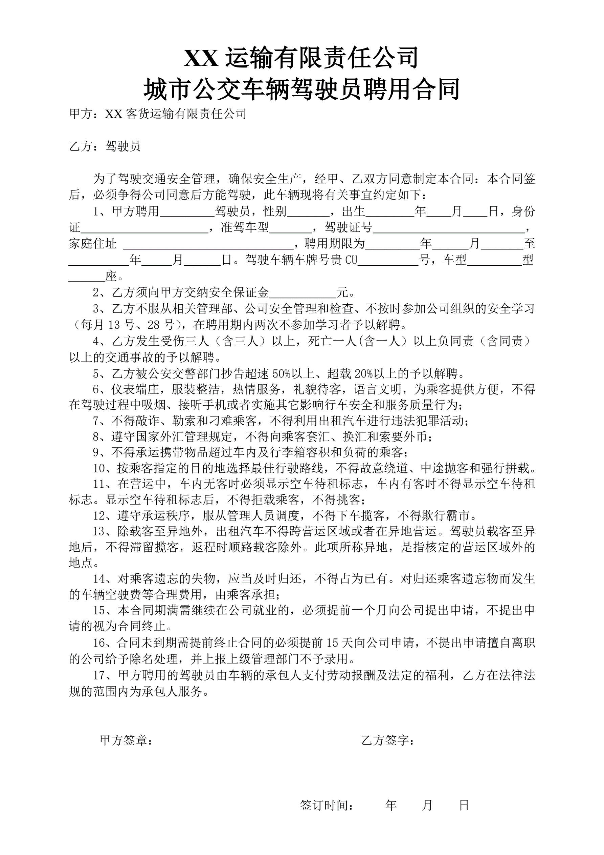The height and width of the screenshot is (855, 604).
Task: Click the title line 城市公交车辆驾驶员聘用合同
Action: [x=301, y=89]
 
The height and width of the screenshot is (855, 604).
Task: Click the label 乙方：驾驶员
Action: [x=105, y=146]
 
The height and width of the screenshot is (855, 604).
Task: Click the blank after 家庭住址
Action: [x=208, y=244]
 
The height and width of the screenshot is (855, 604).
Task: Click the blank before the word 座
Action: [x=87, y=277]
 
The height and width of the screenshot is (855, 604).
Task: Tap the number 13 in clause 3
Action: [x=114, y=325]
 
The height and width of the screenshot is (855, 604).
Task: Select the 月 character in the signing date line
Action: [x=427, y=805]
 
